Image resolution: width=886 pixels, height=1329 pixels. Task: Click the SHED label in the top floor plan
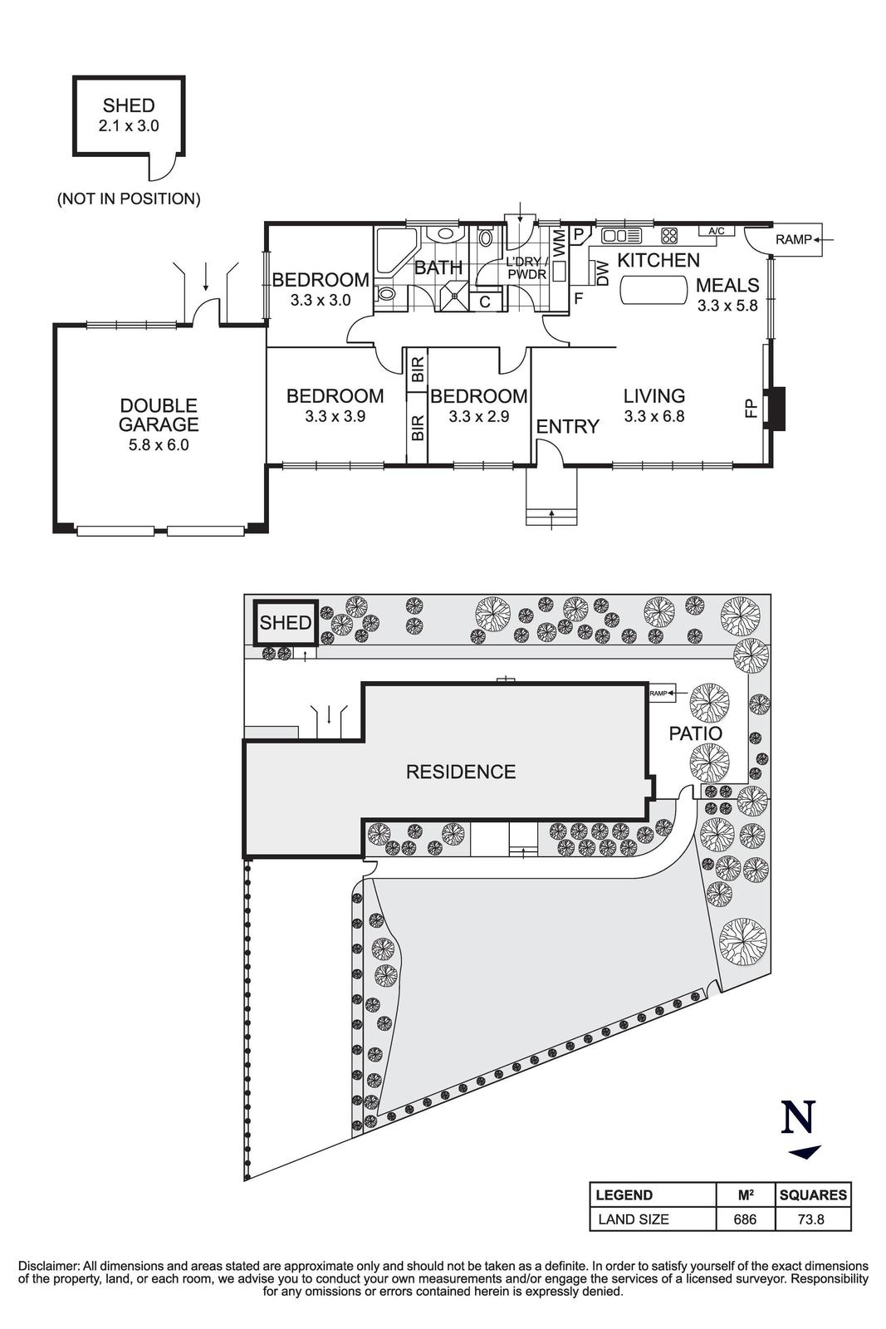coord(128,105)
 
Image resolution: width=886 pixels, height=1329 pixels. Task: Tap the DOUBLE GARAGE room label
coord(159,415)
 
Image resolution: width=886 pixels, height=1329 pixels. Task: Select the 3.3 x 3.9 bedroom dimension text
coord(335,416)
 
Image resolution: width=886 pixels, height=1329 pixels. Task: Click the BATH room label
coord(438,268)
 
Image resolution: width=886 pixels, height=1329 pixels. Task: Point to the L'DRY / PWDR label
coord(526,267)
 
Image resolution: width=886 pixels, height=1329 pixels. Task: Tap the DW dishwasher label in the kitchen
coord(603,272)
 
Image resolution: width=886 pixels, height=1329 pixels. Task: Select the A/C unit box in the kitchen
coord(717,231)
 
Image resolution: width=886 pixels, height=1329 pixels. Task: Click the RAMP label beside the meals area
coord(793,240)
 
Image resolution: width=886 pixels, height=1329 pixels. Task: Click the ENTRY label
coord(567,427)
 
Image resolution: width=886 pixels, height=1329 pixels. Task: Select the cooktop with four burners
coord(670,235)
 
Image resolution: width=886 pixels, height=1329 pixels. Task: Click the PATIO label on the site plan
coord(696,734)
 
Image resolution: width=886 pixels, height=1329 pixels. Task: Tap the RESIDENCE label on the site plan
coord(461,772)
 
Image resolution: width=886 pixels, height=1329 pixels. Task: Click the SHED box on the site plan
coord(285,623)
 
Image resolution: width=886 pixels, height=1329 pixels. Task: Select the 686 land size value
coord(745,1219)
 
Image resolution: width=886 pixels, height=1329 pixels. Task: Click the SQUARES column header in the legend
coord(813,1195)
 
